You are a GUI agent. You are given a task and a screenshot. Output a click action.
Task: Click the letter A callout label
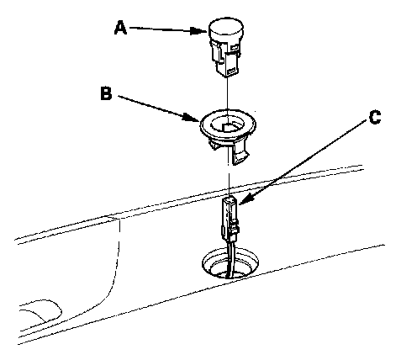[120, 29]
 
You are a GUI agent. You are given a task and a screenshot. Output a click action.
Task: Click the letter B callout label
[106, 93]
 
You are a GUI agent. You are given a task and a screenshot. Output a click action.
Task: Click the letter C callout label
[375, 117]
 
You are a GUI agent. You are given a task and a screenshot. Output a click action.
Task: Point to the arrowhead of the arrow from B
[192, 117]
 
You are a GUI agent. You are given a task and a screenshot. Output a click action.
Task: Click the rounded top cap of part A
[226, 29]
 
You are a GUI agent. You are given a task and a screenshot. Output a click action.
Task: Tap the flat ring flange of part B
[228, 125]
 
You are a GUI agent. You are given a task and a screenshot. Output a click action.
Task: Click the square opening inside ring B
[229, 127]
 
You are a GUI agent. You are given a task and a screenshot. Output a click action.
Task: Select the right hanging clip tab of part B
[240, 153]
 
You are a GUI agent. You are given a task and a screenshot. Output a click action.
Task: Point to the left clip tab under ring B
[213, 145]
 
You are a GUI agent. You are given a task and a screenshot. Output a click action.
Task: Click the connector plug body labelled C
[230, 219]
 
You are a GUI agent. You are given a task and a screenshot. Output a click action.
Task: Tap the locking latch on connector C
[235, 227]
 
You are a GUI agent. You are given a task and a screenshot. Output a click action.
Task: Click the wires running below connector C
[230, 259]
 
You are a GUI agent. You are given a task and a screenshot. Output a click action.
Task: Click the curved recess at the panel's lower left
[41, 310]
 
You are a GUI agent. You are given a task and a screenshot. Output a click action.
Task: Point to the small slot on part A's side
[235, 48]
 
